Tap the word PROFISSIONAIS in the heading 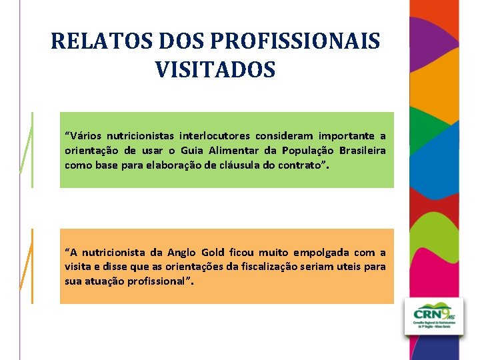(x=295, y=41)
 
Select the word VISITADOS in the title (x=215, y=69)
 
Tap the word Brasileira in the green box (x=360, y=151)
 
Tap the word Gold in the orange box (x=213, y=252)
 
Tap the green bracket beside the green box (x=27, y=150)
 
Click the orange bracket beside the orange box (x=27, y=266)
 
